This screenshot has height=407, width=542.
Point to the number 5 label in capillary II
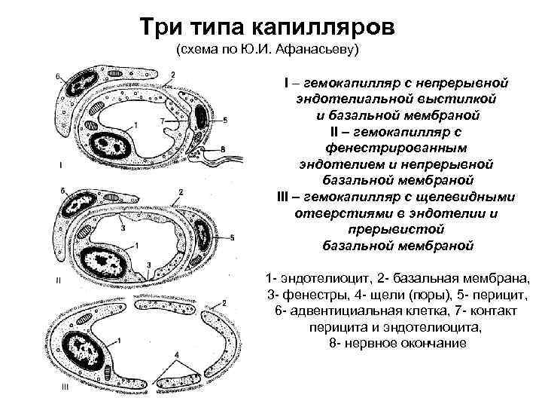(232, 237)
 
